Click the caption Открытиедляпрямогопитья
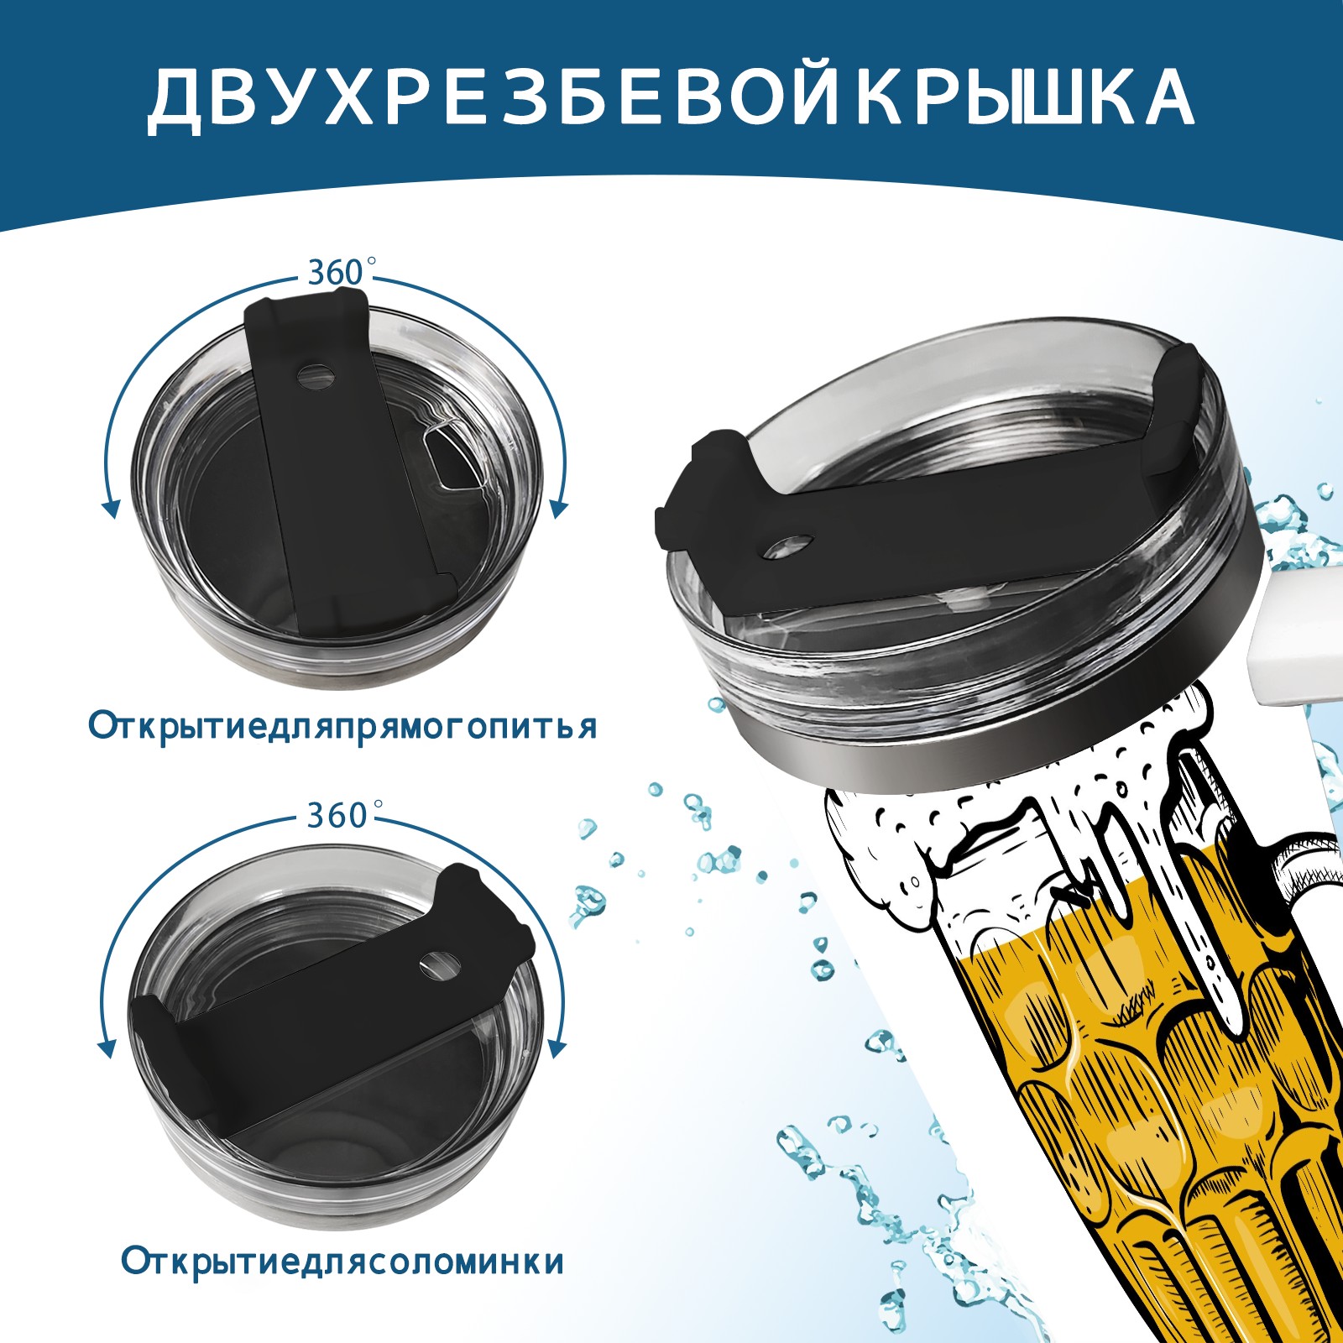point(342,726)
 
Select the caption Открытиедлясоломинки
point(342,1284)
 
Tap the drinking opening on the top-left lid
point(452,457)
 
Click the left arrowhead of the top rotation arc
point(109,507)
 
